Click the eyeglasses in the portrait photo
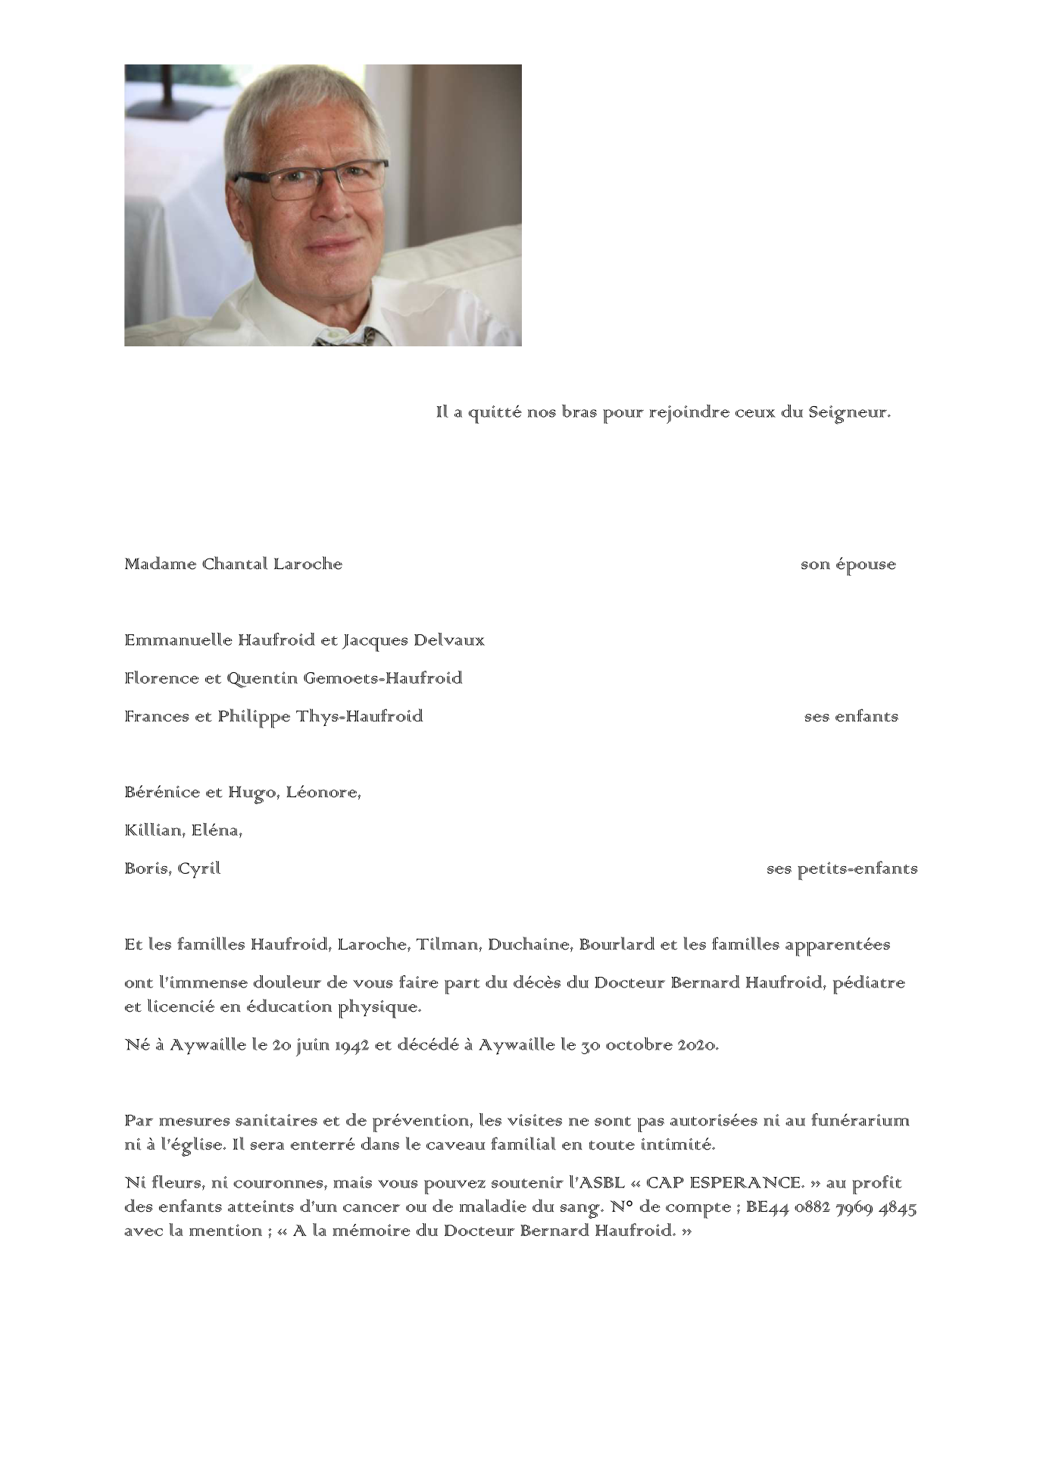[311, 180]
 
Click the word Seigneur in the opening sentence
[849, 413]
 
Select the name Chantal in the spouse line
[232, 565]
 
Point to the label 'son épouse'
[848, 565]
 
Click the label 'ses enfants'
[851, 717]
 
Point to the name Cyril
[199, 869]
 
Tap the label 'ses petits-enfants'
[842, 869]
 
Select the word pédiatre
[869, 983]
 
